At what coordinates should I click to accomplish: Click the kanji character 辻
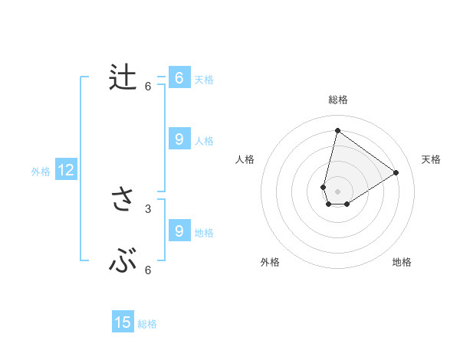pos(123,77)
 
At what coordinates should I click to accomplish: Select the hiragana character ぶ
pos(123,263)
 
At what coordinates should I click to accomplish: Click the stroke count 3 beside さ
pos(148,208)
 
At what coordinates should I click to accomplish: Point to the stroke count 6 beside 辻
pos(148,87)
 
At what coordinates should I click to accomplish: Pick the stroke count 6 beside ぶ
pos(148,270)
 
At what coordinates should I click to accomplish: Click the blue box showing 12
pos(65,171)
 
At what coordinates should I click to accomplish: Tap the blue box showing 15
pos(123,322)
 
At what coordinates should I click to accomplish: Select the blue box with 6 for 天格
pos(179,78)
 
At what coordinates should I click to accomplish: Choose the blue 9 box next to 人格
pos(179,139)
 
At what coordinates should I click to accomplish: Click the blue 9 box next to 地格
pos(179,231)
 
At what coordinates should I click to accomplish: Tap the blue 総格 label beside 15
pos(147,324)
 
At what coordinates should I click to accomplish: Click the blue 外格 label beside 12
pos(41,172)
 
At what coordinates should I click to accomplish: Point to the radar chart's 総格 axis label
pos(337,100)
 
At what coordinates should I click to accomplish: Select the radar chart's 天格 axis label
pos(432,159)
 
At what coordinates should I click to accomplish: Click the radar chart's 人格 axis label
pos(245,159)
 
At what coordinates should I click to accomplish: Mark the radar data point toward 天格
pos(396,172)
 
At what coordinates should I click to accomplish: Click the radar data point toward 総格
pos(337,130)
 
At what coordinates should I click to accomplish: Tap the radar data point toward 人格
pos(324,187)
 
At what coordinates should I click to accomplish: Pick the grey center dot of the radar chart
pos(337,191)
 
